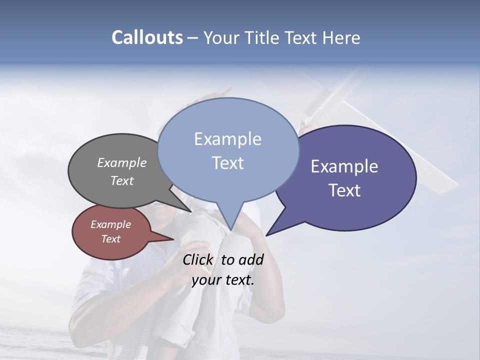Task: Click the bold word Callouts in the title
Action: (147, 38)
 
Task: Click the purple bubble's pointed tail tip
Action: (266, 235)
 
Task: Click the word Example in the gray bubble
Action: (121, 163)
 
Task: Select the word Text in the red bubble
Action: (110, 239)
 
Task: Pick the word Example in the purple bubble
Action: (344, 166)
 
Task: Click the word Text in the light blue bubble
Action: (227, 163)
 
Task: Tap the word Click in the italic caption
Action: (198, 259)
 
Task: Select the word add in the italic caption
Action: (251, 259)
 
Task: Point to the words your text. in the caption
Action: (223, 280)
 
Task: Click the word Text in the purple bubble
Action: (344, 190)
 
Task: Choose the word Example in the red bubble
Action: (110, 224)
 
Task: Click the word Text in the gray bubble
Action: (121, 181)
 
